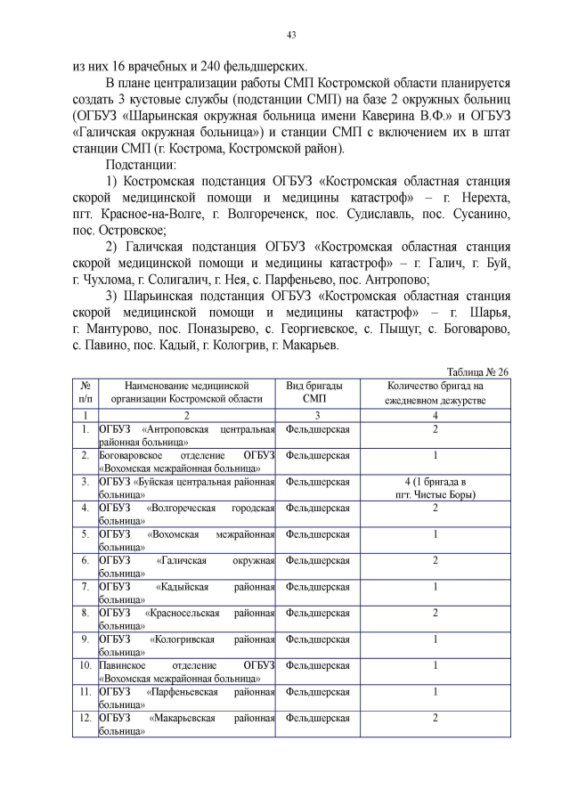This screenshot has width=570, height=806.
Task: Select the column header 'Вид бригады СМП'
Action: point(317,392)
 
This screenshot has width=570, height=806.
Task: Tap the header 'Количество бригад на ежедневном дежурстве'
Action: point(435,392)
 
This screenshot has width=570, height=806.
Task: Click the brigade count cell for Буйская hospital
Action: point(435,488)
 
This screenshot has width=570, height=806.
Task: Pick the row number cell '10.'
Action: point(85,664)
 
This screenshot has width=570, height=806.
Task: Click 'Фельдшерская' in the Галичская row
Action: point(317,560)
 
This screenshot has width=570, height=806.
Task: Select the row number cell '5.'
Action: point(85,534)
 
